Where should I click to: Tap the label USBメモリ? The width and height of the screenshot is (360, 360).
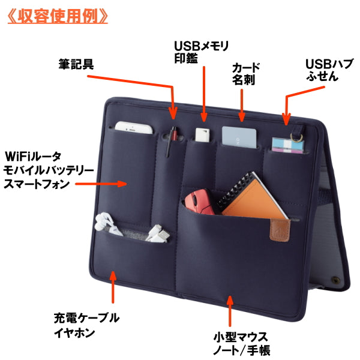(x=201, y=46)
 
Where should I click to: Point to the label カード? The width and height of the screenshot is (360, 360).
(x=246, y=67)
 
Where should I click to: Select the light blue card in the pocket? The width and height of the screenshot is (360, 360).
(x=239, y=135)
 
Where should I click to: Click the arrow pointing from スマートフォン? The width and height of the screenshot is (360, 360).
(x=115, y=184)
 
